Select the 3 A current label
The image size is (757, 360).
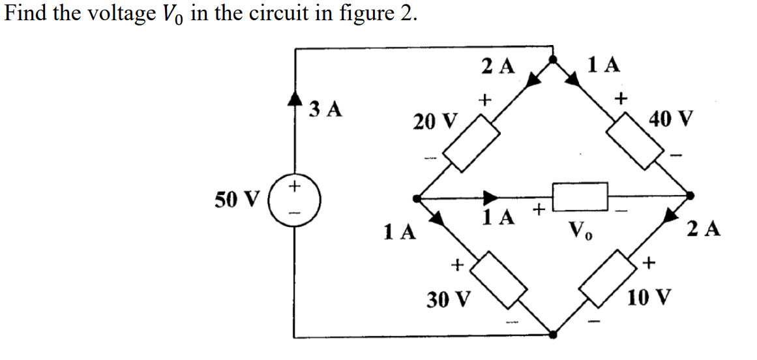tap(325, 109)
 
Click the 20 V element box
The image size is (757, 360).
tap(471, 144)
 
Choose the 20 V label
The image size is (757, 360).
tap(435, 121)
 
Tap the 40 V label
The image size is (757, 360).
tap(672, 119)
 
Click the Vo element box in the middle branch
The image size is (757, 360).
tap(580, 194)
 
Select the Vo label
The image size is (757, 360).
tap(580, 230)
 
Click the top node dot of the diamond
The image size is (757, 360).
tap(553, 60)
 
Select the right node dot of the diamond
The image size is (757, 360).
tap(692, 195)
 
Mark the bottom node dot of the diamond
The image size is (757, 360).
tap(553, 335)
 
